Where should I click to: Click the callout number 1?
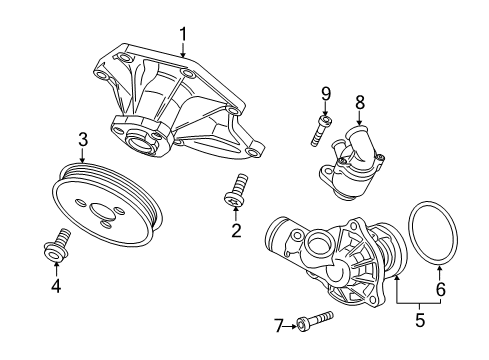click(x=183, y=35)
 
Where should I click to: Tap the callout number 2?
click(x=236, y=231)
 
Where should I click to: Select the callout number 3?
click(x=83, y=140)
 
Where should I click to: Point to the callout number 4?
click(x=56, y=286)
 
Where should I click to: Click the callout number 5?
click(x=420, y=320)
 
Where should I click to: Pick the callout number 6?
click(x=441, y=289)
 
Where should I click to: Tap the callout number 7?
click(x=279, y=326)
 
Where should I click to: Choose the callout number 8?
click(x=360, y=102)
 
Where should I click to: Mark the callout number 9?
click(x=326, y=94)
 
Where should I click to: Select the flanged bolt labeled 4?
click(x=58, y=245)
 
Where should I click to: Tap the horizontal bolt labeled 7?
click(x=315, y=320)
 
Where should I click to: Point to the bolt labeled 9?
click(x=320, y=130)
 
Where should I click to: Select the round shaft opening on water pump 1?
click(x=140, y=142)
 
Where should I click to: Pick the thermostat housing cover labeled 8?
click(x=352, y=161)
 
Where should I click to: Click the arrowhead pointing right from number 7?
click(x=293, y=326)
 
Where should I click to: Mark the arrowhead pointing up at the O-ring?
click(x=440, y=268)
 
